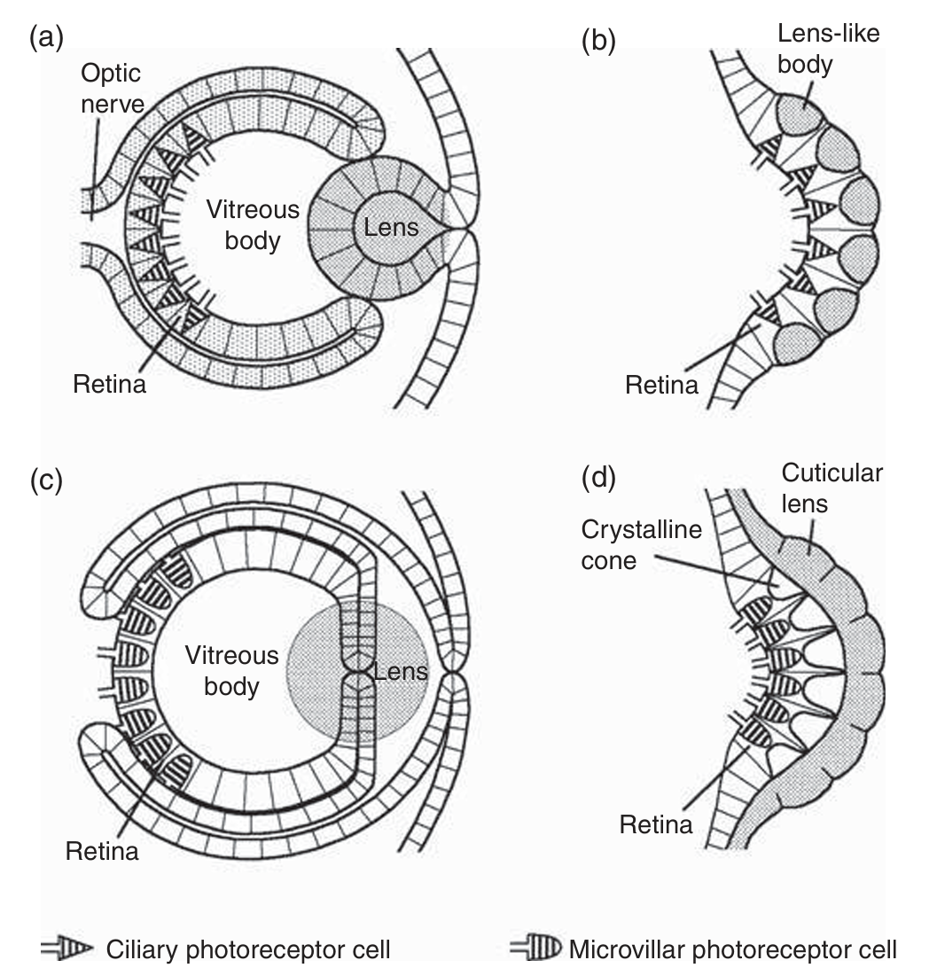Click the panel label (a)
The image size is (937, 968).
(46, 39)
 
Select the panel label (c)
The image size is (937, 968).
(46, 480)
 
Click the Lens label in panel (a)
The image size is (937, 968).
(391, 228)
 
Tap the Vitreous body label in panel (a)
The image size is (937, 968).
(253, 225)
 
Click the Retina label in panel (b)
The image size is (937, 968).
(661, 385)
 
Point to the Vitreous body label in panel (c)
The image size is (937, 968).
(231, 671)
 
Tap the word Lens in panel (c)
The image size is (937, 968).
(400, 670)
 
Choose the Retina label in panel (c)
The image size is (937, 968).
(102, 851)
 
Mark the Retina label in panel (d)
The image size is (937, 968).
(656, 824)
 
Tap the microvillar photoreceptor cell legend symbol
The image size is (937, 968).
(538, 948)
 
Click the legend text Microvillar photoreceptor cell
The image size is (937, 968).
(733, 948)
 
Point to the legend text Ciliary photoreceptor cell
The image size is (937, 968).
(248, 948)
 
